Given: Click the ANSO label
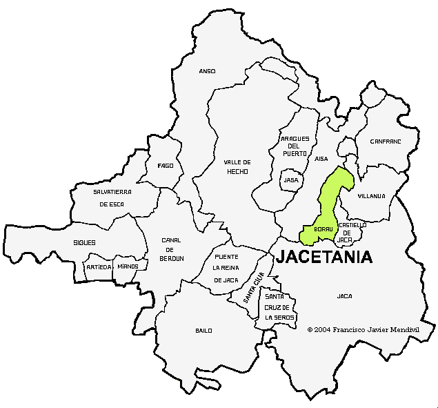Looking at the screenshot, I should tap(207, 71).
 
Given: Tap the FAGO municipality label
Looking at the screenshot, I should tap(166, 166).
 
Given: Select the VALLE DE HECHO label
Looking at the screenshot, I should tap(237, 166).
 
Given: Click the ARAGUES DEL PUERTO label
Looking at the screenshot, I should tap(295, 146).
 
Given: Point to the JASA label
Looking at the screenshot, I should tap(291, 180).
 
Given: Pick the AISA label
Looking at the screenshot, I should tap(321, 159).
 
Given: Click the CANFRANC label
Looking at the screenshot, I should tap(385, 141).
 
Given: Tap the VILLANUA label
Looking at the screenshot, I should tap(372, 196).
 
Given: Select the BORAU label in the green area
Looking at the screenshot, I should tap(323, 229).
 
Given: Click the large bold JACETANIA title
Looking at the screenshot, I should tap(324, 258).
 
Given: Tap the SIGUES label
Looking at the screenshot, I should tap(84, 243).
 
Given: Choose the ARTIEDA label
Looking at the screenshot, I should tap(98, 266).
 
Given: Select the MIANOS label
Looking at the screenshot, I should tap(128, 266).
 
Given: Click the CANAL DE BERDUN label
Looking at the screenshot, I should tap(172, 249).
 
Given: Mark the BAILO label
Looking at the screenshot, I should tap(203, 331).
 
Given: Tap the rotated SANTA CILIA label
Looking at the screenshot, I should tap(254, 289).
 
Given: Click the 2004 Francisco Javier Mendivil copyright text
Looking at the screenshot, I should tap(363, 330).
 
